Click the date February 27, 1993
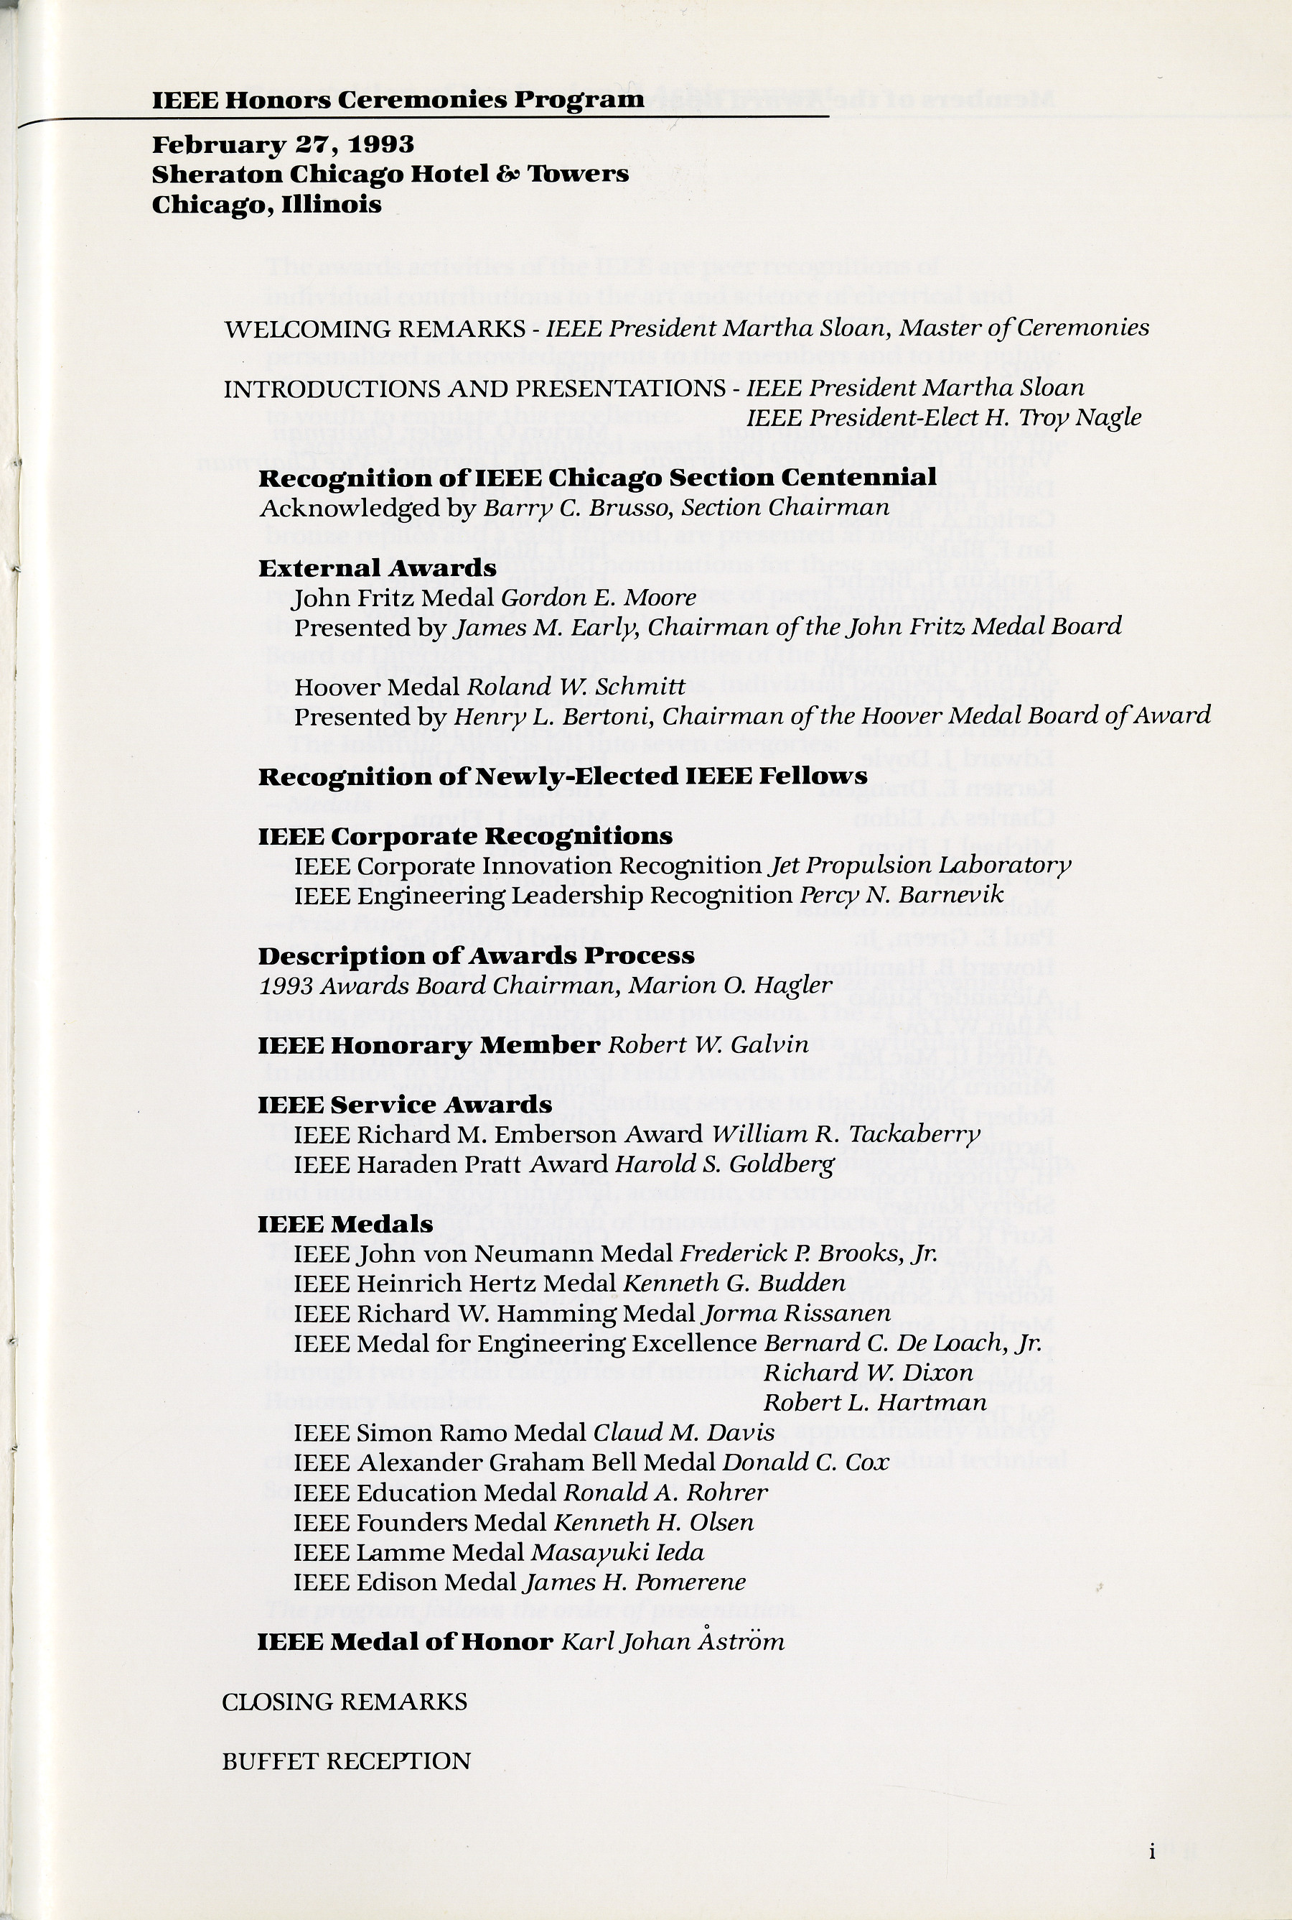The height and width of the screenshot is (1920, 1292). pos(283,144)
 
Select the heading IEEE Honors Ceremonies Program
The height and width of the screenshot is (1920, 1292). pos(398,101)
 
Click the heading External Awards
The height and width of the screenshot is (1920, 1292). pos(378,568)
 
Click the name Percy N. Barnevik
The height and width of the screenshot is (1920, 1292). pos(902,895)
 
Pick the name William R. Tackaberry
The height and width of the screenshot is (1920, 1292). pos(846,1134)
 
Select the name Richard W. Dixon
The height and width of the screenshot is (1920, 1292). pos(869,1373)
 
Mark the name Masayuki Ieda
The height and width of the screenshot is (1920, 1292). pos(618,1552)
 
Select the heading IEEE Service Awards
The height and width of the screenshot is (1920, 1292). pos(405,1105)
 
